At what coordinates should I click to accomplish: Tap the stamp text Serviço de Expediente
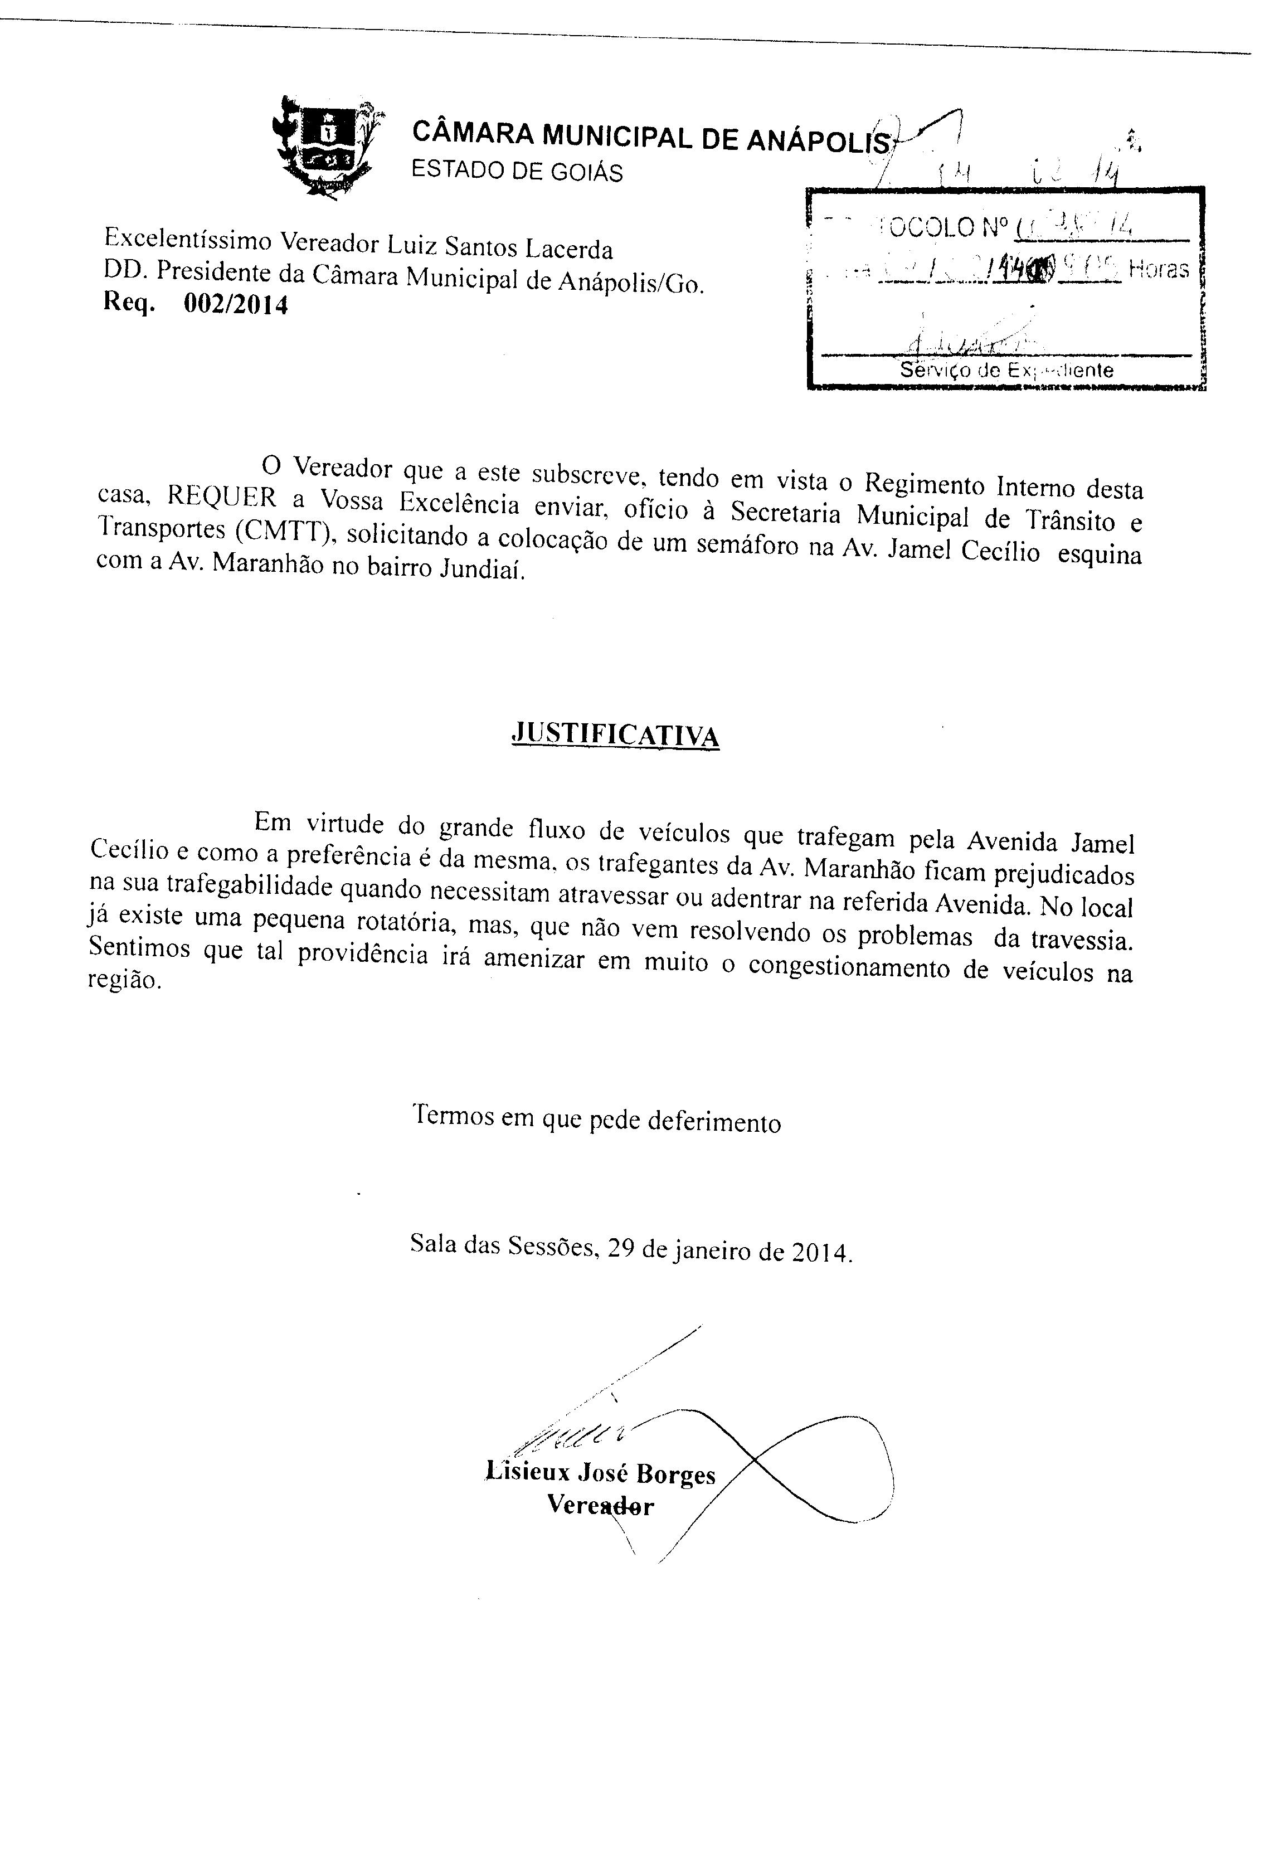coord(1006,371)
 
